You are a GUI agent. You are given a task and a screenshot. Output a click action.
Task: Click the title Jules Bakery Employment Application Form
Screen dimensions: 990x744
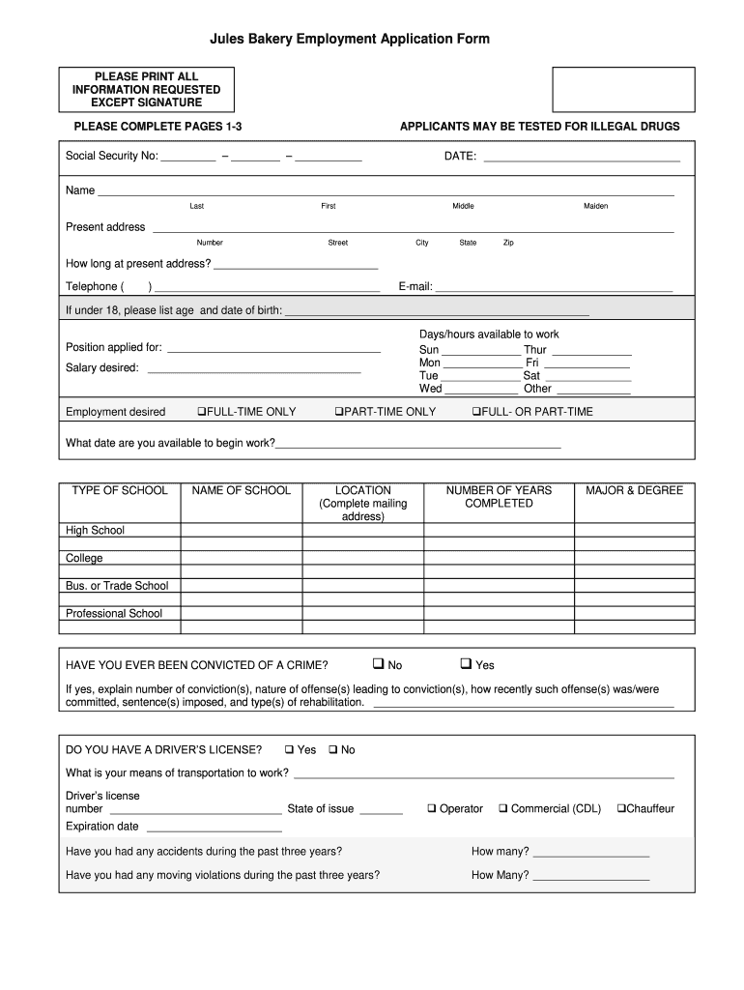[x=350, y=39]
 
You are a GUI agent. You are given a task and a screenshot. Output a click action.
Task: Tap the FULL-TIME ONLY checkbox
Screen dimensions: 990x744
[x=201, y=412]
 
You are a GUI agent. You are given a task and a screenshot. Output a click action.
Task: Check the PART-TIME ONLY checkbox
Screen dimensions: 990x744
[x=339, y=412]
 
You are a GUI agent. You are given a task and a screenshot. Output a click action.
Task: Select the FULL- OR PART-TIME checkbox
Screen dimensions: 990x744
[x=475, y=412]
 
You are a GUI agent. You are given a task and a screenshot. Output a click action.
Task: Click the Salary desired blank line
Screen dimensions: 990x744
[x=253, y=367]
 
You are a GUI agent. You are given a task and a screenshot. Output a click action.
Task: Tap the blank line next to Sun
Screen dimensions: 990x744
[x=480, y=350]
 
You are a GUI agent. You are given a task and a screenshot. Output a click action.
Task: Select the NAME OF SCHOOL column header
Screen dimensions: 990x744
[x=242, y=490]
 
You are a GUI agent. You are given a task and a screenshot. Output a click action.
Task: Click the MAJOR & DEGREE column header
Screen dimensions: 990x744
[x=634, y=490]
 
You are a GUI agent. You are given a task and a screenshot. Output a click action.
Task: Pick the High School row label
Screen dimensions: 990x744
[x=95, y=530]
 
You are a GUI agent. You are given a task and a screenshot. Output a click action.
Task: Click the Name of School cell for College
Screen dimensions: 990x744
[x=242, y=558]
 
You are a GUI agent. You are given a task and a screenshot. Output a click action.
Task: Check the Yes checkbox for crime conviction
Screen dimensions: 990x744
[x=466, y=664]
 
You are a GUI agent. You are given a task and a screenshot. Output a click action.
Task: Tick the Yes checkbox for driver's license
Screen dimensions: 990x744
[x=289, y=749]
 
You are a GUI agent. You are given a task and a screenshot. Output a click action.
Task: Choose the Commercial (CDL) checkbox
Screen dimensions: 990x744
[x=503, y=808]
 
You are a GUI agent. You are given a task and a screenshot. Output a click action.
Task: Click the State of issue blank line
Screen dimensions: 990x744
[x=381, y=809]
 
